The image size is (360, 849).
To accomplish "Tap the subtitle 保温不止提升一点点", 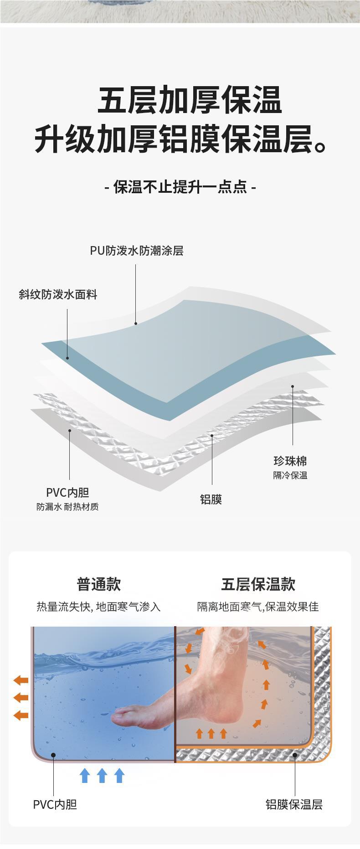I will click(180, 187).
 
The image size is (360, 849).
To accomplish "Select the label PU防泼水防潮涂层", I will click(136, 251).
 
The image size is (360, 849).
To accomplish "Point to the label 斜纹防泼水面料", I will click(58, 295).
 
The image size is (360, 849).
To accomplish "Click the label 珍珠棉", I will click(290, 461).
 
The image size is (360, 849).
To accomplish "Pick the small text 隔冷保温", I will click(290, 475).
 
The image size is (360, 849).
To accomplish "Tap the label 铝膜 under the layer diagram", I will click(211, 499).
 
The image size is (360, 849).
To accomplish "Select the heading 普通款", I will click(98, 584).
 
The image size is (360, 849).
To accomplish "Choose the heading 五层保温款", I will click(258, 584).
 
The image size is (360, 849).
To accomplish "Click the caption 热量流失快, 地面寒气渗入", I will click(98, 607).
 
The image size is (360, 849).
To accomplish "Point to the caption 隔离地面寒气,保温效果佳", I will click(258, 607).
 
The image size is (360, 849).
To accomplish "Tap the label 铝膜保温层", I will click(294, 805).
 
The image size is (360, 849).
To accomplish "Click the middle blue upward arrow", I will click(102, 776).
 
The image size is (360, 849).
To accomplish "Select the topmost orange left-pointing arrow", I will click(21, 680).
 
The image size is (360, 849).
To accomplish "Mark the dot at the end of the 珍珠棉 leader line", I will click(293, 386).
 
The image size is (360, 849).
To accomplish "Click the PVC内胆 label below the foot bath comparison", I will click(55, 805).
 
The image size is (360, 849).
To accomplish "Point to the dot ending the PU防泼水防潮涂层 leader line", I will click(136, 324).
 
